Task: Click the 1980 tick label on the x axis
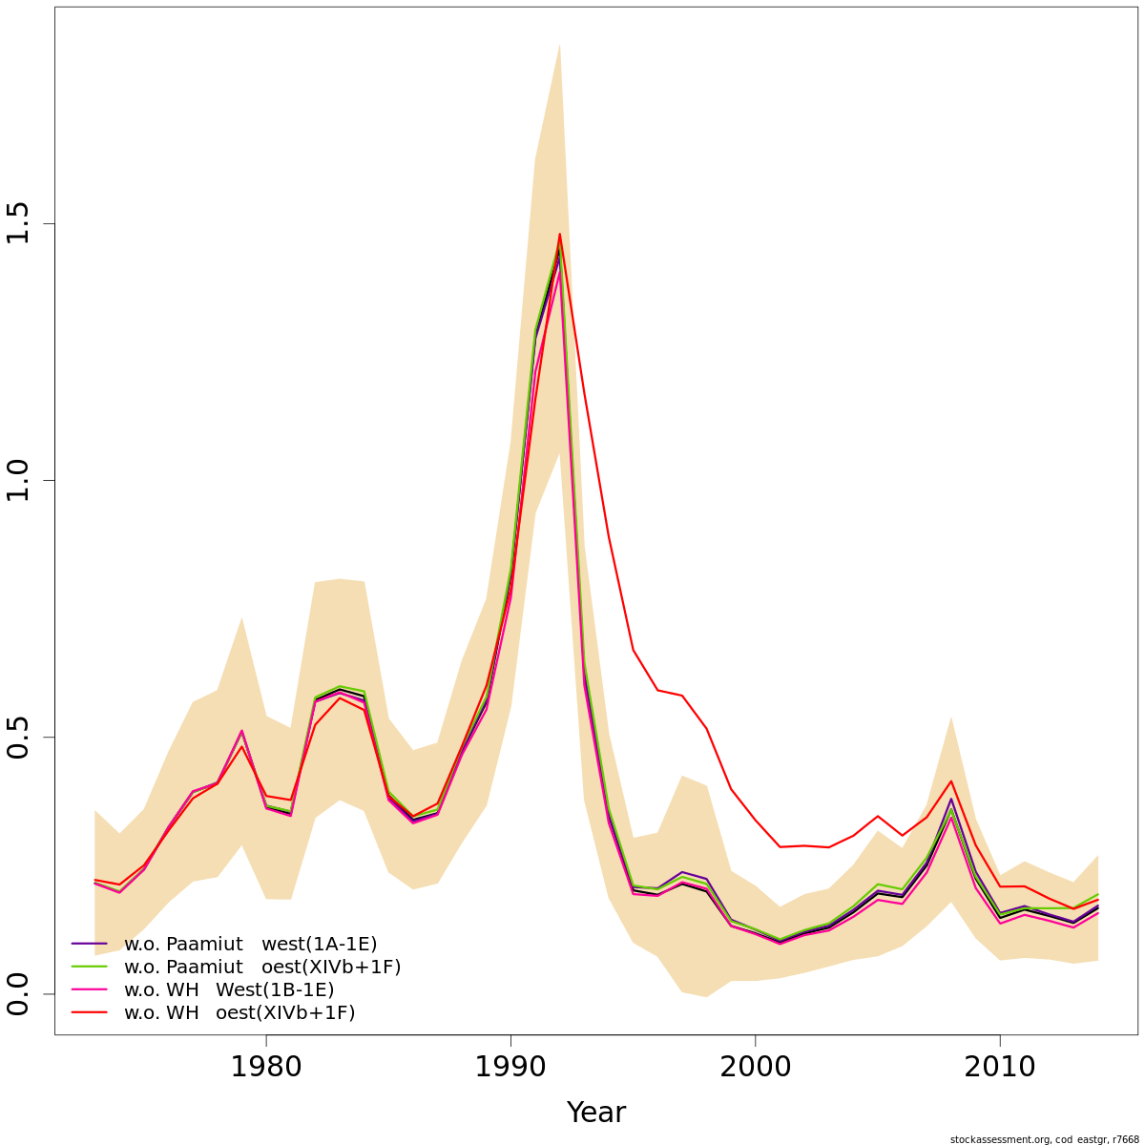pyautogui.click(x=266, y=1066)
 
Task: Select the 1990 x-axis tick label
pyautogui.click(x=510, y=1066)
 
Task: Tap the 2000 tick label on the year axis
pyautogui.click(x=755, y=1066)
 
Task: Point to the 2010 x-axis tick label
pyautogui.click(x=999, y=1066)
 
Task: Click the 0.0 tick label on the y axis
pyautogui.click(x=19, y=993)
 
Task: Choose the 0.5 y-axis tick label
pyautogui.click(x=19, y=737)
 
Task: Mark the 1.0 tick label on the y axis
pyautogui.click(x=19, y=480)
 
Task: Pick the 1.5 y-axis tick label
pyautogui.click(x=19, y=223)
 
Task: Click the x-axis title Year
pyautogui.click(x=595, y=1113)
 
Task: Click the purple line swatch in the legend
pyautogui.click(x=89, y=944)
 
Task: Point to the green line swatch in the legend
pyautogui.click(x=89, y=967)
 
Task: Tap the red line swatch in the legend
pyautogui.click(x=89, y=1012)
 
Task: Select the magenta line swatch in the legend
pyautogui.click(x=89, y=989)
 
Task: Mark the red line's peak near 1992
pyautogui.click(x=559, y=234)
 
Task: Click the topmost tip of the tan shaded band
pyautogui.click(x=559, y=45)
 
